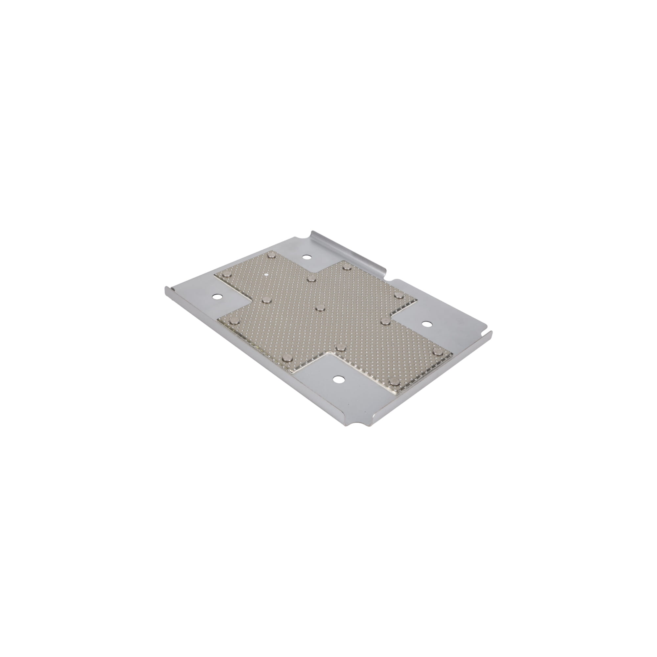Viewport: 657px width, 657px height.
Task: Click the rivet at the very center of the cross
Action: (320, 308)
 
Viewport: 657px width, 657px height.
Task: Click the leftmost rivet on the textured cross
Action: (234, 320)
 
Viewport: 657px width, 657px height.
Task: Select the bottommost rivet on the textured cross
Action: (394, 381)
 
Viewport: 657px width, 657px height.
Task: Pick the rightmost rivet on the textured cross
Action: (437, 351)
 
